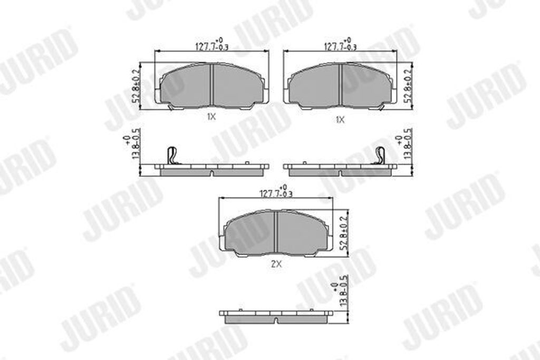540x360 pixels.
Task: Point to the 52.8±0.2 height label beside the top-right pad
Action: pos(407,86)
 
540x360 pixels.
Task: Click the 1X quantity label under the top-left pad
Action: pos(211,118)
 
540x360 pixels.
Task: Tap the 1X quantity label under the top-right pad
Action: pos(340,120)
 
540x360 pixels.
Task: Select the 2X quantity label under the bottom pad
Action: pos(276,265)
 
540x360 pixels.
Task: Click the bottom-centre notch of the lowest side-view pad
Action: pos(276,319)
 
